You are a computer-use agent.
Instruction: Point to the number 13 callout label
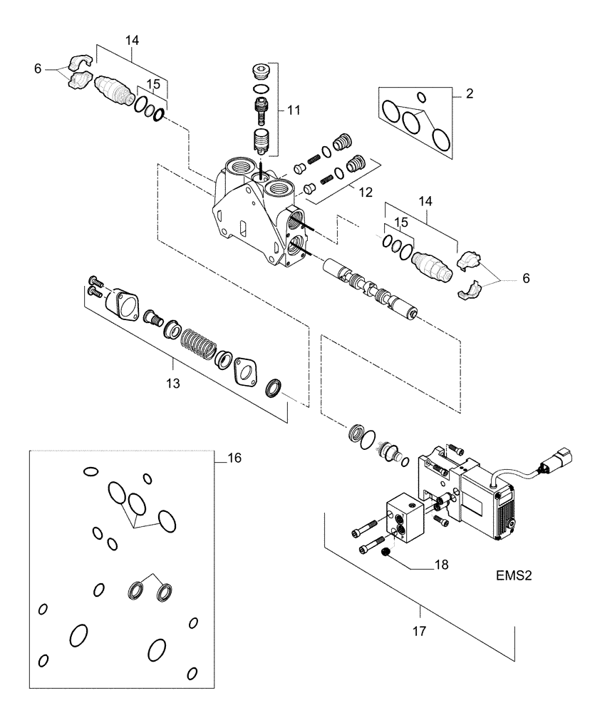[173, 383]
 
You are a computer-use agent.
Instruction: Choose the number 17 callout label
[420, 630]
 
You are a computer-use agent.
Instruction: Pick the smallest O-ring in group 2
[420, 97]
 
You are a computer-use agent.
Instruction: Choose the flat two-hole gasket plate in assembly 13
[247, 372]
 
